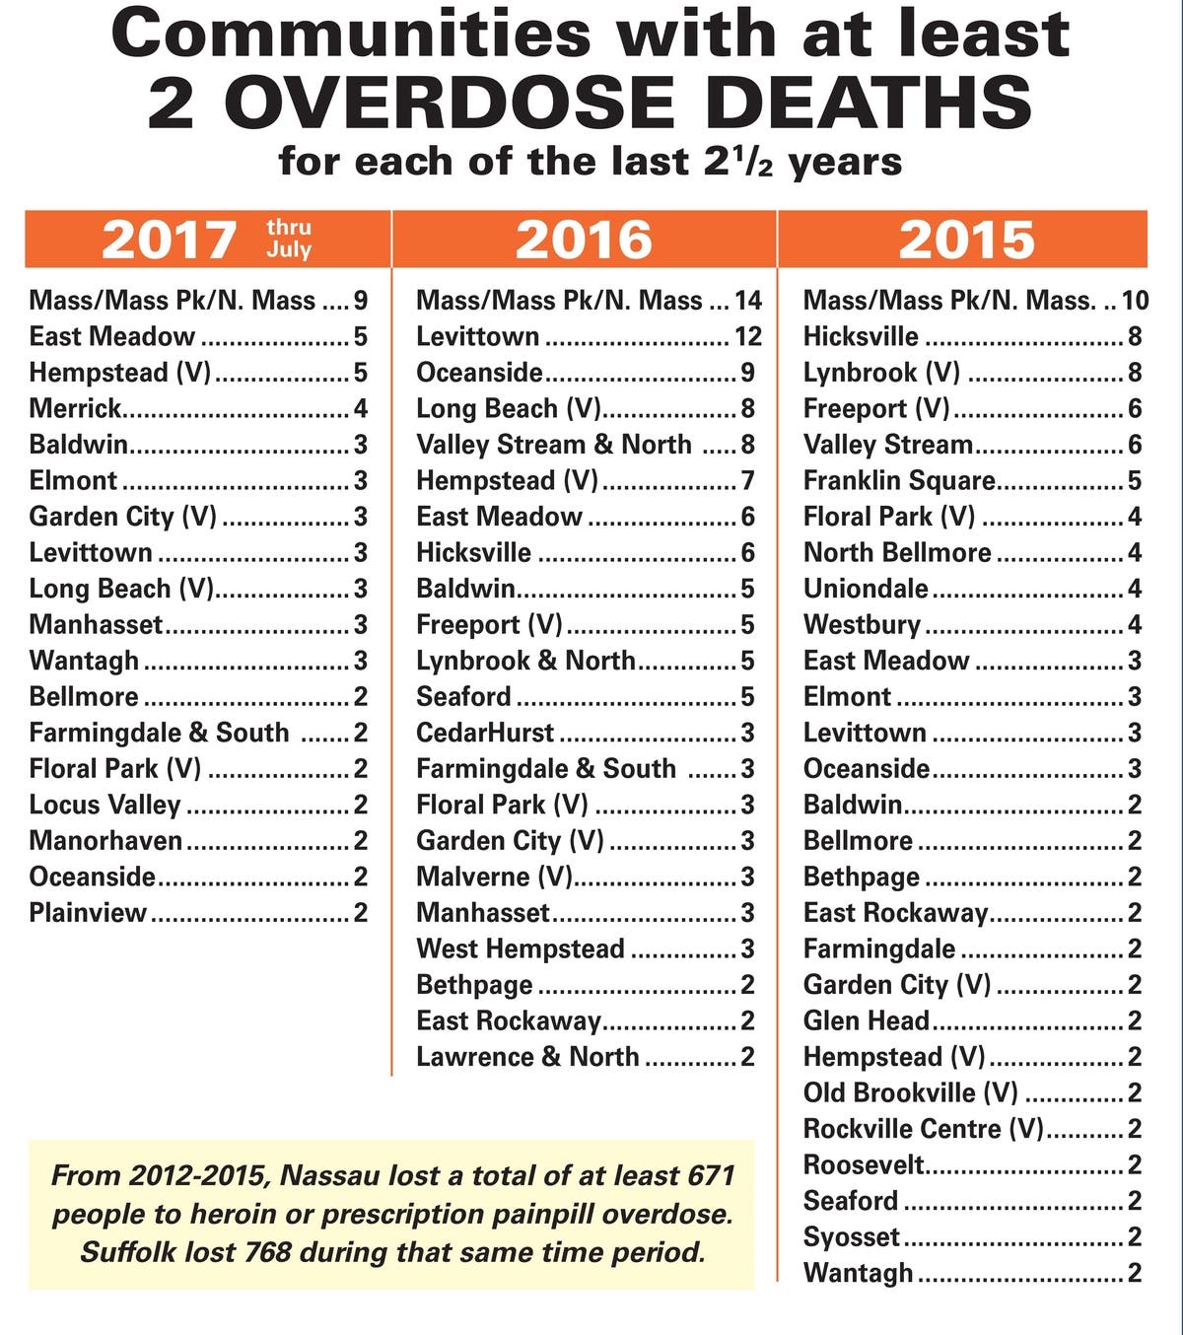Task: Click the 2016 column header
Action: point(584,240)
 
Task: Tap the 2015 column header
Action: point(966,240)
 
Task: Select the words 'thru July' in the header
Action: point(289,240)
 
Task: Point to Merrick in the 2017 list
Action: point(75,408)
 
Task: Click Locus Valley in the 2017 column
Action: point(104,805)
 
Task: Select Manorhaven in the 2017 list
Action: point(105,840)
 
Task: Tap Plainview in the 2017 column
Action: point(88,912)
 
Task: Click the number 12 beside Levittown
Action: point(748,336)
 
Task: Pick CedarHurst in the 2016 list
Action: point(485,733)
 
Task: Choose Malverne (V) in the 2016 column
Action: point(495,877)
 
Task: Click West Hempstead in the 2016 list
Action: point(521,949)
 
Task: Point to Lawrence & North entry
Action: point(527,1057)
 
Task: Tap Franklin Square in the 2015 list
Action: point(899,480)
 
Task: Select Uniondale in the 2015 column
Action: point(866,589)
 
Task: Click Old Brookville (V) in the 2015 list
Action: point(910,1092)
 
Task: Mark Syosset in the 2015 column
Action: point(852,1236)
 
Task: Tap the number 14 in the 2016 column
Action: point(748,300)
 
